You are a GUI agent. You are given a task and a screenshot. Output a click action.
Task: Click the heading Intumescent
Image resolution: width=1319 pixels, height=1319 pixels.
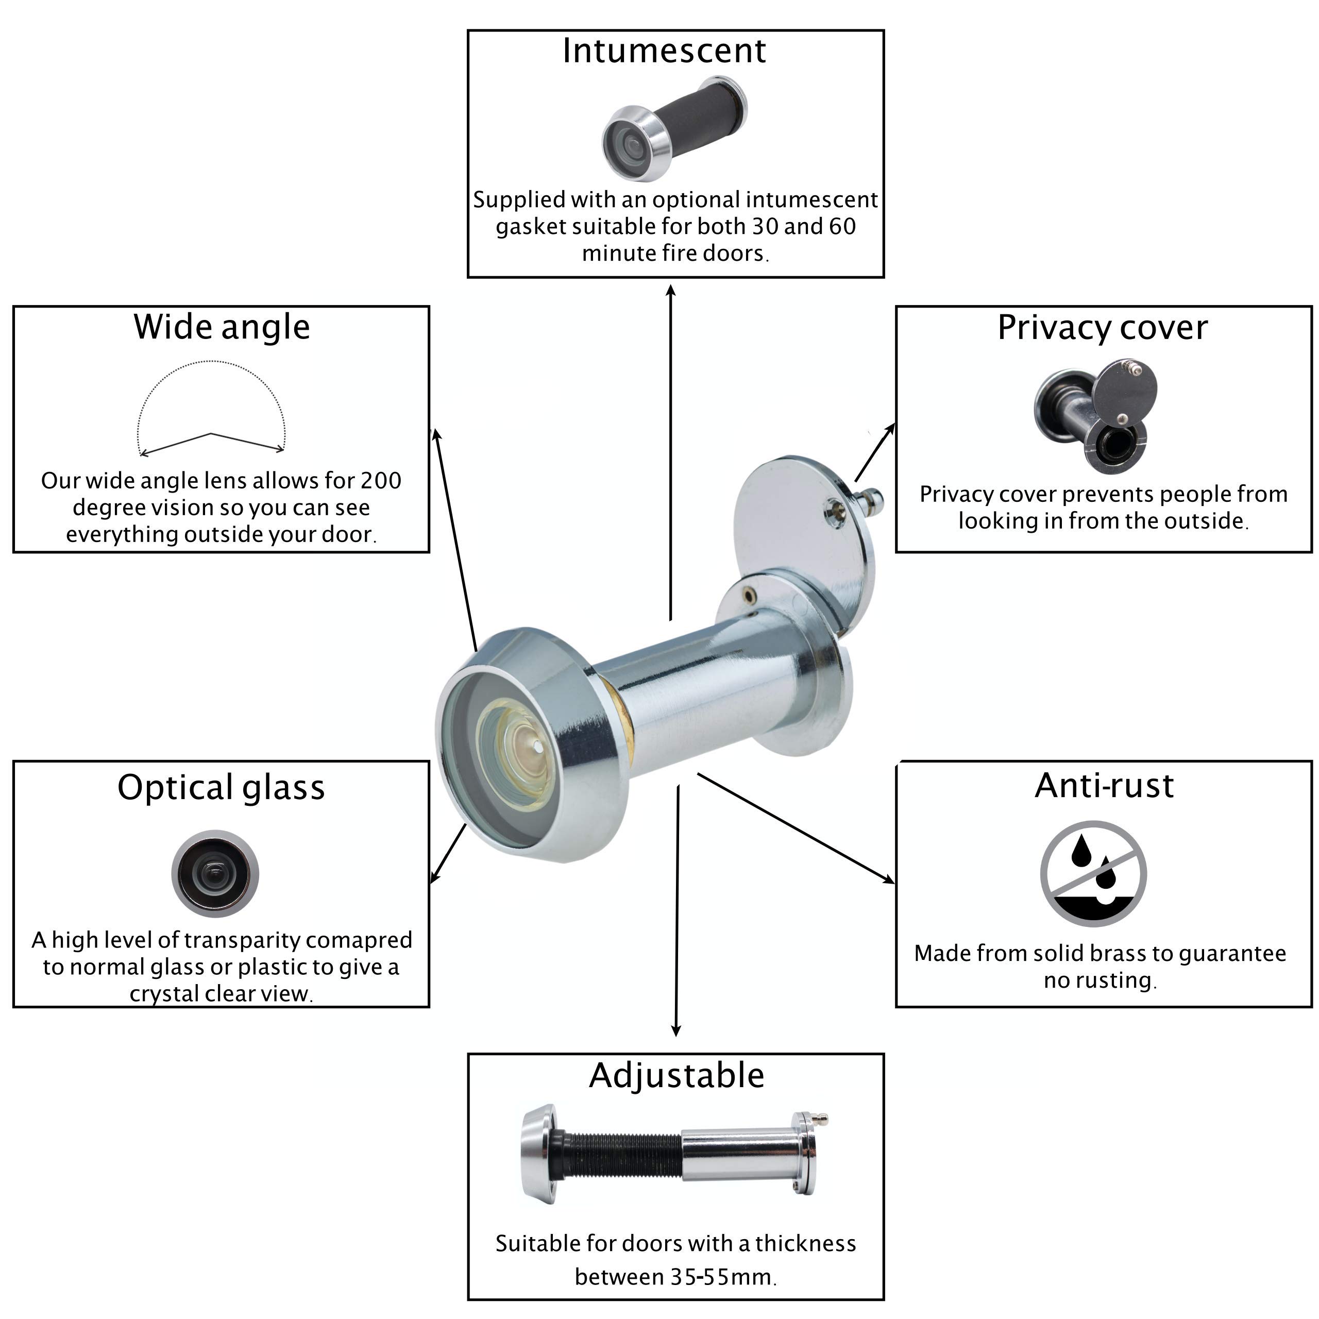[664, 51]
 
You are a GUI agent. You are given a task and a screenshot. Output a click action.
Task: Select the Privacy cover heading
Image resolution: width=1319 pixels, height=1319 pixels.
[1102, 328]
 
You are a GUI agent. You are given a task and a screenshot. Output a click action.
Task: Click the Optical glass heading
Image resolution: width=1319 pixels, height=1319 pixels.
[221, 787]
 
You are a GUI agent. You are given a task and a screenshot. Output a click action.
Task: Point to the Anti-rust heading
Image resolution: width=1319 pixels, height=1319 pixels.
[1104, 786]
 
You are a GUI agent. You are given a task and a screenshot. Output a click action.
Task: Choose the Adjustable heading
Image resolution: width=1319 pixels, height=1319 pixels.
[676, 1076]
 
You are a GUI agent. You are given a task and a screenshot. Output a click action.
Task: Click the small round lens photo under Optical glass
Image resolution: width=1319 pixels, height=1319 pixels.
[215, 873]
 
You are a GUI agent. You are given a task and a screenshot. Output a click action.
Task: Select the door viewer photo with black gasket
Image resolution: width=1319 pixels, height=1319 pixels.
[674, 128]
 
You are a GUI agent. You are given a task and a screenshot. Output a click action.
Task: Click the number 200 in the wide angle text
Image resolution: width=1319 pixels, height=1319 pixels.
[380, 481]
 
